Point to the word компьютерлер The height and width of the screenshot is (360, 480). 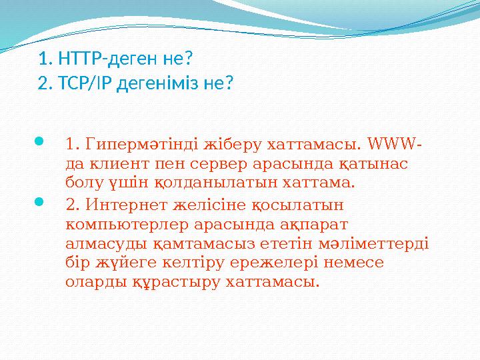tap(119, 220)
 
